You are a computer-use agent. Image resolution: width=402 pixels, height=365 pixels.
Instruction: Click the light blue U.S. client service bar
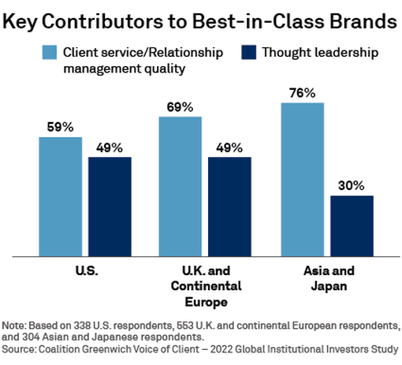(x=61, y=196)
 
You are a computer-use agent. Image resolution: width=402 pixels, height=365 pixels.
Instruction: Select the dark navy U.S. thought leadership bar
(x=110, y=207)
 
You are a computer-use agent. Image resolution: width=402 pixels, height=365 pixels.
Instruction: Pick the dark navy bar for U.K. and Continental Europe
(x=229, y=207)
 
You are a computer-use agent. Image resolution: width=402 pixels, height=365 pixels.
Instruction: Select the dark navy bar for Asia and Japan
(x=351, y=225)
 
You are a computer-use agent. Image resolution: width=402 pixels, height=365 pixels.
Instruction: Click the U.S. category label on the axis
(x=85, y=270)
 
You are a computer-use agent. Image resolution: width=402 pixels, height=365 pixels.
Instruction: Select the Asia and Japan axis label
(x=327, y=277)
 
